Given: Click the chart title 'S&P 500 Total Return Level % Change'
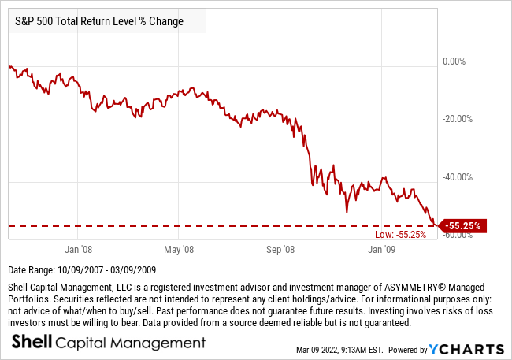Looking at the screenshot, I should tap(99, 21).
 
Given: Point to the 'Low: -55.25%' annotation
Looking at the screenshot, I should tap(401, 234).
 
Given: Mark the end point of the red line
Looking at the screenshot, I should tap(437, 225).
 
